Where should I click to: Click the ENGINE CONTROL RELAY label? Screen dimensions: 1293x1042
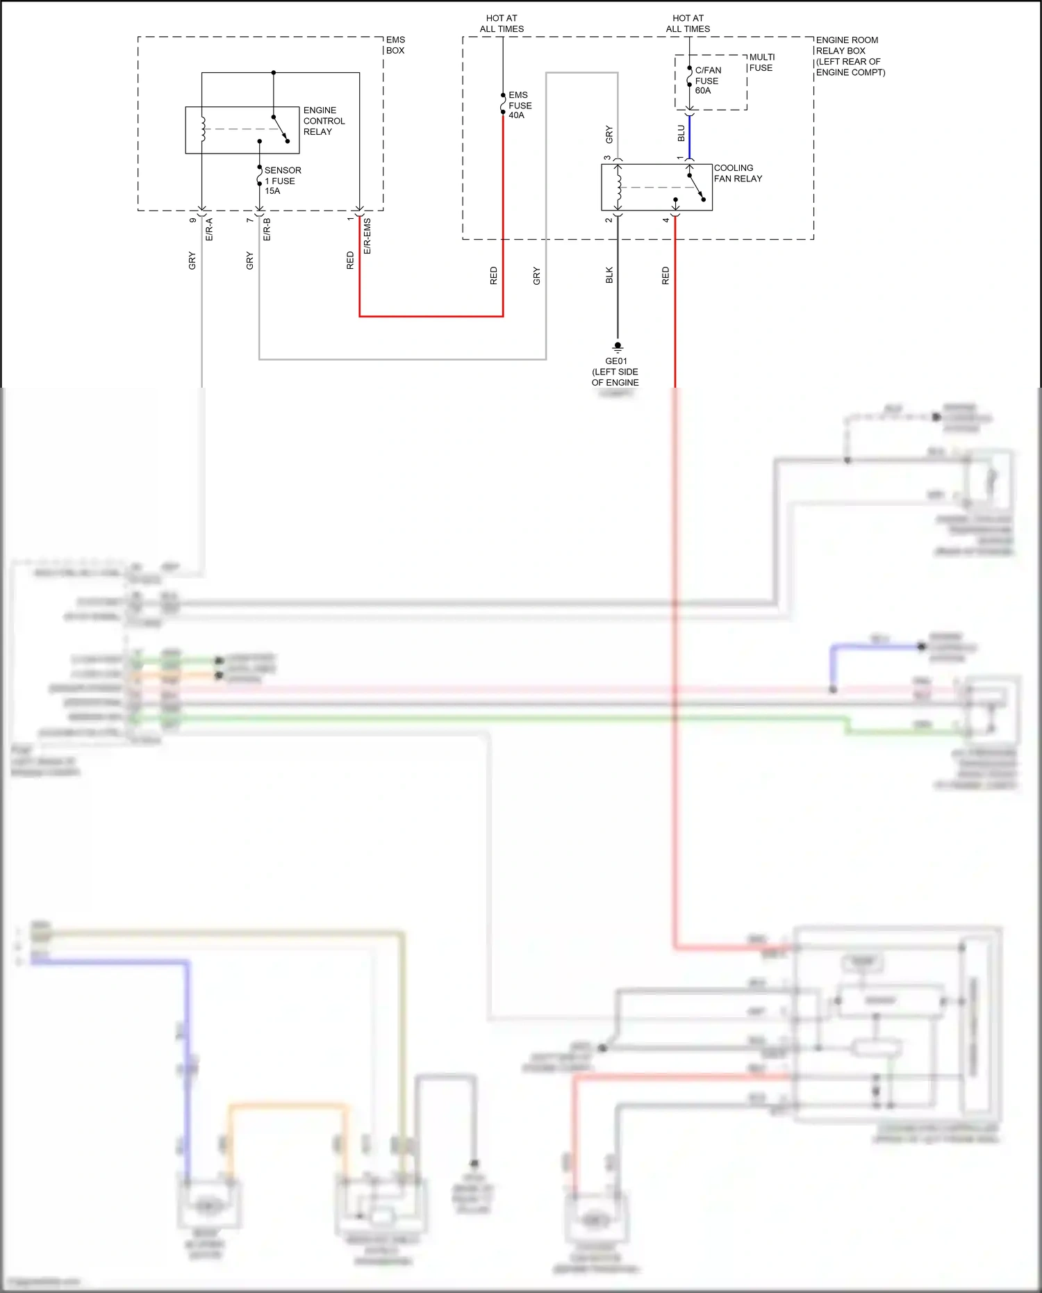(x=323, y=121)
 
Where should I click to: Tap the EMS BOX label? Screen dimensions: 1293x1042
(x=395, y=45)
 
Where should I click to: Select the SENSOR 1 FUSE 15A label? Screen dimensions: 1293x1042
(x=282, y=181)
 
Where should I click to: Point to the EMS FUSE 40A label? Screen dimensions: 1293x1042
(x=520, y=105)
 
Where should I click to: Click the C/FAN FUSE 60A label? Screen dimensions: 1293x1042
(x=707, y=81)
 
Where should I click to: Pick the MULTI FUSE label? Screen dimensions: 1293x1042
(x=761, y=63)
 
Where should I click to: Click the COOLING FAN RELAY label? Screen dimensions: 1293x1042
(x=737, y=173)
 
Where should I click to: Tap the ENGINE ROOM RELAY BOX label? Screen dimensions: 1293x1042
(x=849, y=56)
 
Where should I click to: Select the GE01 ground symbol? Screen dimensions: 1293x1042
(x=618, y=347)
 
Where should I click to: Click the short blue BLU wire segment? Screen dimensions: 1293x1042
(x=689, y=136)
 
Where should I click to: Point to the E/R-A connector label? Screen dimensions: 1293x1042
(x=209, y=229)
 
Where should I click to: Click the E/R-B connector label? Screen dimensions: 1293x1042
(x=267, y=229)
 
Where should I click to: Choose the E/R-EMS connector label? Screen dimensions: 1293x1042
(x=367, y=236)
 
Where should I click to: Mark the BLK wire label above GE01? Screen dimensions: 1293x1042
(x=609, y=275)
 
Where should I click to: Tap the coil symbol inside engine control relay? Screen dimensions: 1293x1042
(x=202, y=130)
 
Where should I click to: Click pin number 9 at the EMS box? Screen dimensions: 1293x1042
(x=192, y=220)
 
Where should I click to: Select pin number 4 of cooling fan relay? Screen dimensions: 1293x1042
(x=665, y=220)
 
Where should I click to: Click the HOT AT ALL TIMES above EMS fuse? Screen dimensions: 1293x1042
(x=502, y=24)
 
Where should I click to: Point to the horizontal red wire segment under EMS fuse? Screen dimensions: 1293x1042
(x=431, y=316)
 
